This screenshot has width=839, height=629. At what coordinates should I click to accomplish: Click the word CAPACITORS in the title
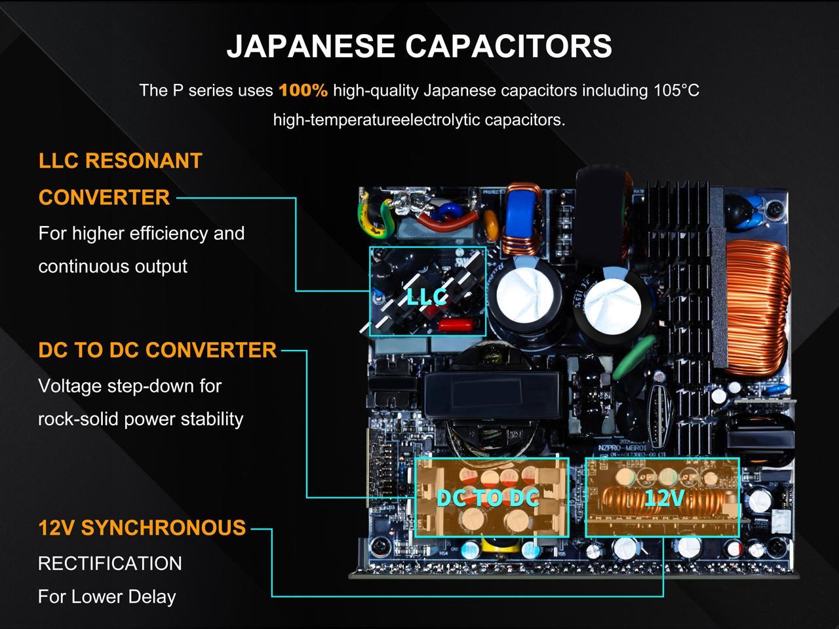point(509,46)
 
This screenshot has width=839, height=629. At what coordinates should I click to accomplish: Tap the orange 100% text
point(303,90)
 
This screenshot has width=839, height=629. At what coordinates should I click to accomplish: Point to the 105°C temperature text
point(676,90)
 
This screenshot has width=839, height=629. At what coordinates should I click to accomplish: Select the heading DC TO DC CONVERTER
point(157,350)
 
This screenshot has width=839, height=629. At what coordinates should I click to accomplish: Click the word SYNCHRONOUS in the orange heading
point(163,527)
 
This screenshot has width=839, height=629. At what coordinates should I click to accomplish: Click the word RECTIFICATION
point(110,563)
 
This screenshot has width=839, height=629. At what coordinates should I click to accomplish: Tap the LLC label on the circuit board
point(427,297)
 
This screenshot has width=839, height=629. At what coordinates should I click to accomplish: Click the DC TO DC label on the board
point(488,498)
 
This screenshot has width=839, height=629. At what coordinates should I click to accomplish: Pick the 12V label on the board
point(663,499)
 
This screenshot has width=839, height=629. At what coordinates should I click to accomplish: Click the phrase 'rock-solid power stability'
point(141,419)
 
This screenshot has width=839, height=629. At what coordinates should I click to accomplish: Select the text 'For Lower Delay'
point(107,597)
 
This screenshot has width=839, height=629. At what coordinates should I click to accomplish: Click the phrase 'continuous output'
point(113,267)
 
